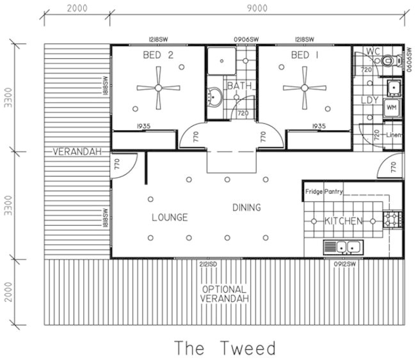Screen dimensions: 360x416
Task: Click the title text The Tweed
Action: click(x=226, y=348)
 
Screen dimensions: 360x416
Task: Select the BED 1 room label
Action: click(x=305, y=56)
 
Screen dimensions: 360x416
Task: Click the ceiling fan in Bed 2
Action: click(x=158, y=88)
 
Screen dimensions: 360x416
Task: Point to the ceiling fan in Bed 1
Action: click(x=305, y=88)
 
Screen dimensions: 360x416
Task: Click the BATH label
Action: click(x=237, y=85)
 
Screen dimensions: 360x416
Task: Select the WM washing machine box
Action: click(x=391, y=107)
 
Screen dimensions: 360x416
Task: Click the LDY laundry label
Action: click(x=369, y=100)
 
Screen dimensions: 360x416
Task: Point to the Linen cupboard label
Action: click(x=393, y=134)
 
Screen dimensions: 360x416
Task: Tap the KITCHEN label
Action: click(x=344, y=221)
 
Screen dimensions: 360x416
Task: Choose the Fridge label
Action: click(x=314, y=191)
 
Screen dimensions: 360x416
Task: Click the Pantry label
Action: click(x=334, y=191)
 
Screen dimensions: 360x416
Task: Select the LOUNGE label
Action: click(x=170, y=217)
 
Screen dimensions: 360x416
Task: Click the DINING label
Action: click(x=246, y=207)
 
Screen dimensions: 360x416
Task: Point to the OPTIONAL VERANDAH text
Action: click(x=225, y=293)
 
